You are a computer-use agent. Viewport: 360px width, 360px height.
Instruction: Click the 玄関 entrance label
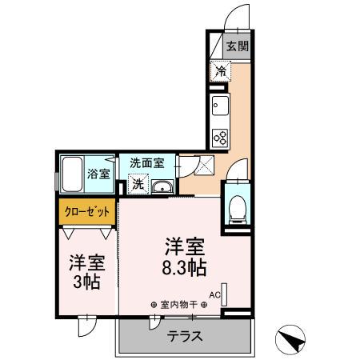234,46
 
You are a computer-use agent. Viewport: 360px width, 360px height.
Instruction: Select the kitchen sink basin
220,106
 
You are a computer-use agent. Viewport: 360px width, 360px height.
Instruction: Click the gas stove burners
220,137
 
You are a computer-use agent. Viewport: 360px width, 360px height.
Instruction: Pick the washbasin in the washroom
162,187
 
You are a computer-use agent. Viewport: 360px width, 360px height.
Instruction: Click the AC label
214,294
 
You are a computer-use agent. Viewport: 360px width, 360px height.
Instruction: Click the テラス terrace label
185,336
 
